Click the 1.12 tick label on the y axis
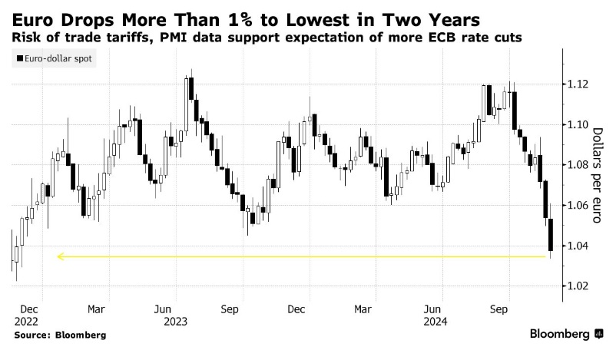click(x=575, y=84)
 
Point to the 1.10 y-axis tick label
click(x=575, y=124)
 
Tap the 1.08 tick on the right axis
click(x=575, y=164)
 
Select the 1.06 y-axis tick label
click(x=575, y=205)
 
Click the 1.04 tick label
click(x=575, y=246)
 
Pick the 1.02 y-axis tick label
click(x=575, y=286)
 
